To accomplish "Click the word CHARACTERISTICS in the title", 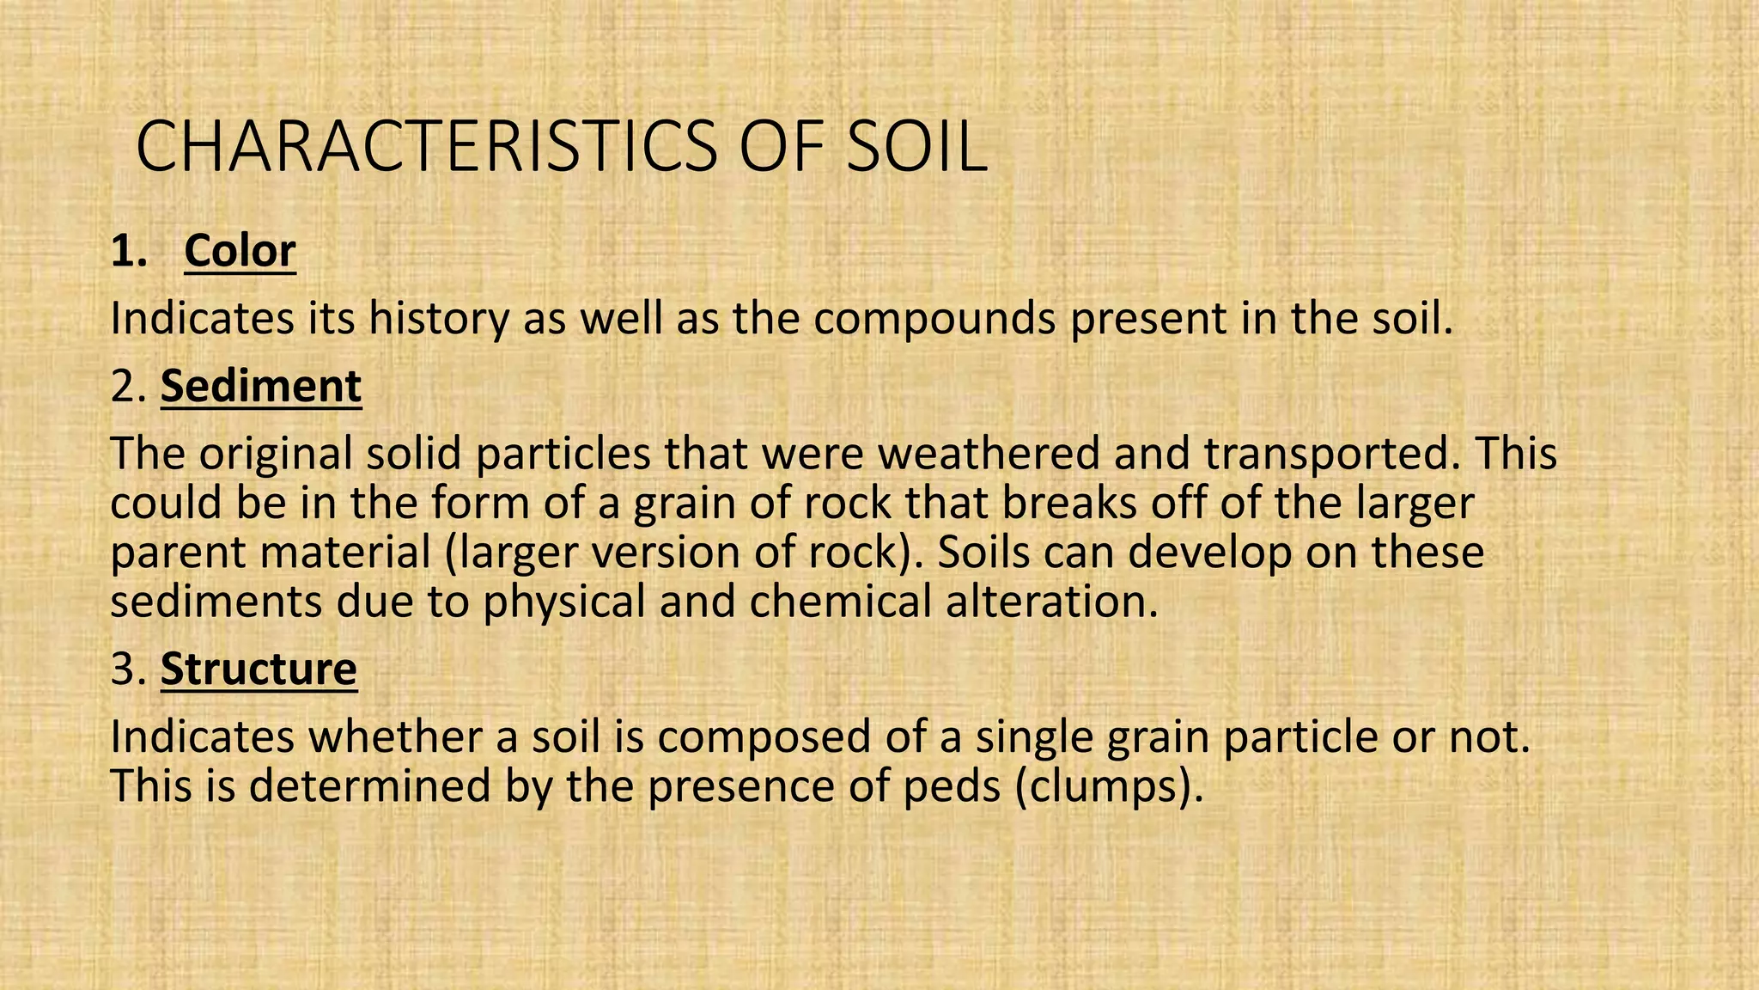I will point(426,148).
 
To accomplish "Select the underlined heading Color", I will point(240,251).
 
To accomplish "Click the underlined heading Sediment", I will point(261,387).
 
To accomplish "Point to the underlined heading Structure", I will point(259,669).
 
